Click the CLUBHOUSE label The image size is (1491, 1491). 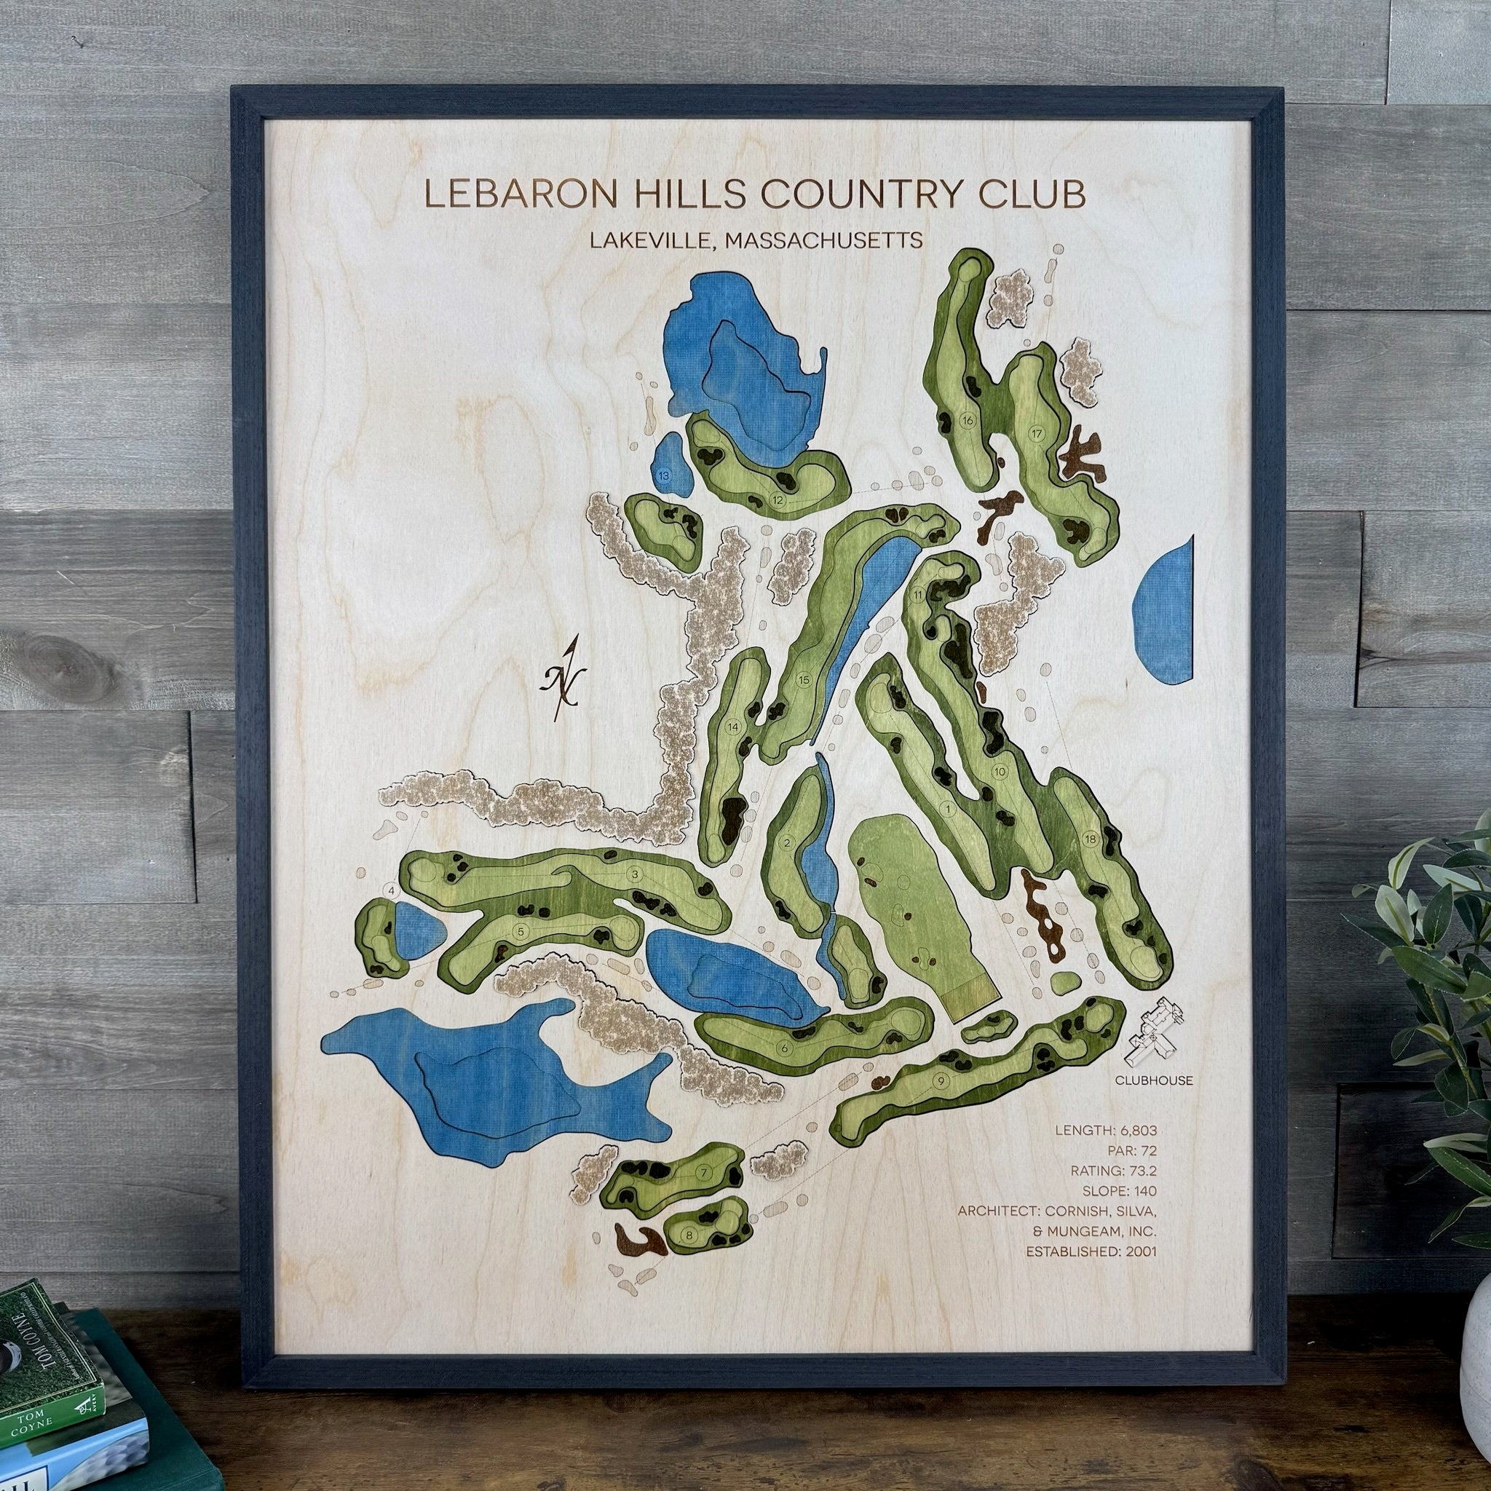tap(1154, 1080)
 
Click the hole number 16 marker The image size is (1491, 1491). tap(968, 420)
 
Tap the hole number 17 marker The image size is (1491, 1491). tap(1037, 433)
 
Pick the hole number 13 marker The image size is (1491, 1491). tap(665, 475)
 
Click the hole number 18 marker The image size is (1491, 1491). tap(1091, 839)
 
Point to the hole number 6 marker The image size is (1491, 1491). tap(785, 1048)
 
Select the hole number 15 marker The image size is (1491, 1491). tap(804, 679)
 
